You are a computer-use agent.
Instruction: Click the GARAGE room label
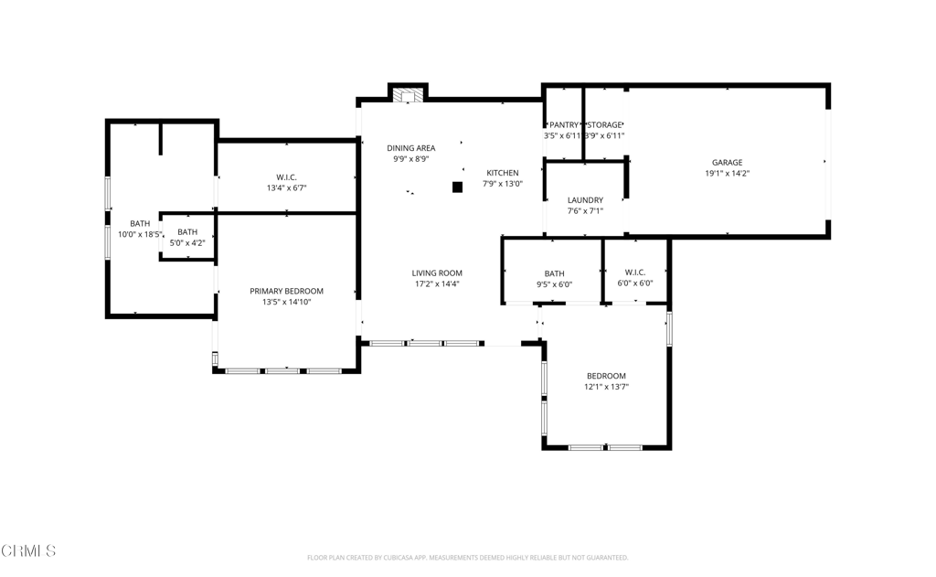pyautogui.click(x=728, y=163)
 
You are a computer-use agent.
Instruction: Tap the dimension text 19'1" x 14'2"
pyautogui.click(x=728, y=174)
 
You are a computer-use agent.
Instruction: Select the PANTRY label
pyautogui.click(x=564, y=125)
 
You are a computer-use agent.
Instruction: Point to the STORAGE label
pyautogui.click(x=604, y=125)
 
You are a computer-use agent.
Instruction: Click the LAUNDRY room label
pyautogui.click(x=585, y=200)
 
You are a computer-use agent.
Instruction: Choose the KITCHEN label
pyautogui.click(x=502, y=173)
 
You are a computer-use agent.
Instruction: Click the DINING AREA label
pyautogui.click(x=410, y=148)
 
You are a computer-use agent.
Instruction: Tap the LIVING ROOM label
pyautogui.click(x=437, y=273)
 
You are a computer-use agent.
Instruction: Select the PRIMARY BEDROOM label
pyautogui.click(x=286, y=292)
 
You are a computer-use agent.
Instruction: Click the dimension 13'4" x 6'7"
pyautogui.click(x=286, y=188)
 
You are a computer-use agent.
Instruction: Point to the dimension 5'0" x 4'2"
pyautogui.click(x=187, y=243)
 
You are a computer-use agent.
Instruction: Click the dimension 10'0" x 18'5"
pyautogui.click(x=140, y=235)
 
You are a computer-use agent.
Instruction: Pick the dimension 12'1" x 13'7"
pyautogui.click(x=606, y=387)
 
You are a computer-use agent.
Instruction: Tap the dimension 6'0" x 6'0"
pyautogui.click(x=635, y=283)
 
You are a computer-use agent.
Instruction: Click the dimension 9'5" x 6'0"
pyautogui.click(x=554, y=284)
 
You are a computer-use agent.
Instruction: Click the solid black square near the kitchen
pyautogui.click(x=458, y=187)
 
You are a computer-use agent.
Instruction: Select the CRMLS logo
pyautogui.click(x=29, y=550)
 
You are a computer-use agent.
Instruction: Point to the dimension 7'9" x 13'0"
pyautogui.click(x=502, y=184)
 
